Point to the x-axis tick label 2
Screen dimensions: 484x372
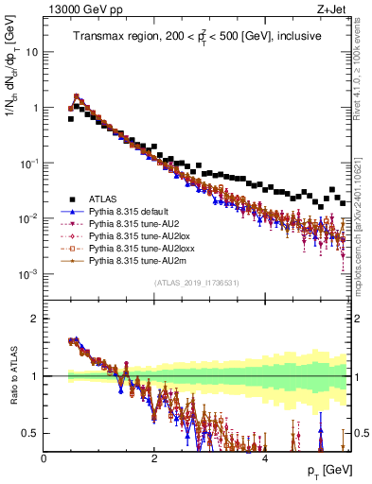pyautogui.click(x=154, y=457)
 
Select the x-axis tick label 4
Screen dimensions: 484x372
pyautogui.click(x=265, y=457)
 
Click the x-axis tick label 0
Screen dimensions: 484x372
pyautogui.click(x=44, y=457)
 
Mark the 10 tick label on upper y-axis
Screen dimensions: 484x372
pyautogui.click(x=32, y=52)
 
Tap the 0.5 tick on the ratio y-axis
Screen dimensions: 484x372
pyautogui.click(x=30, y=433)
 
